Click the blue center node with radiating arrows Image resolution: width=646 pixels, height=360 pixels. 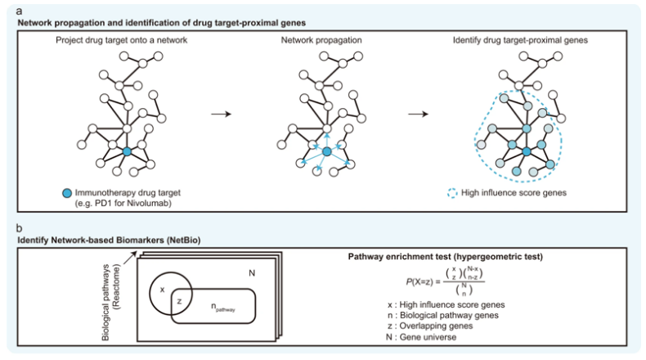pyautogui.click(x=325, y=152)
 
